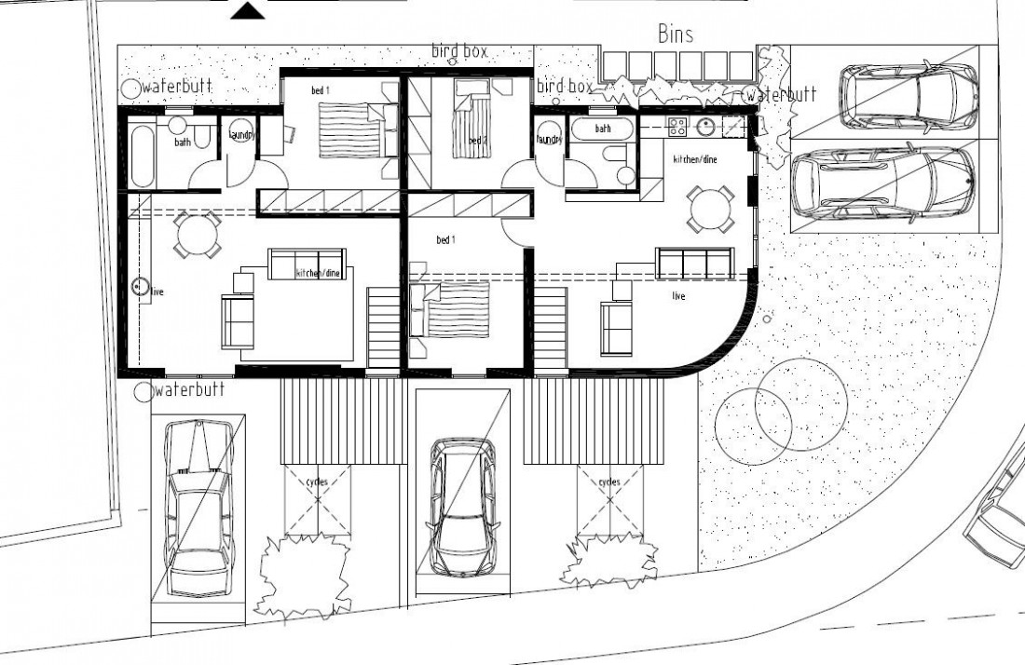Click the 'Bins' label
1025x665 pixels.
[675, 36]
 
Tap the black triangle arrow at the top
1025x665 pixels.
[246, 11]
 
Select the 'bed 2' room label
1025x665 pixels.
[478, 141]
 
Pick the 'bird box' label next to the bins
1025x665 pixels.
[565, 87]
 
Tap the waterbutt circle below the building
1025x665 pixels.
[142, 392]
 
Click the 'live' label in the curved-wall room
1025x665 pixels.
[677, 295]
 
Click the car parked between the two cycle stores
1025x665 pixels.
[463, 509]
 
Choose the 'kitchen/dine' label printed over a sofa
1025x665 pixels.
[317, 273]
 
